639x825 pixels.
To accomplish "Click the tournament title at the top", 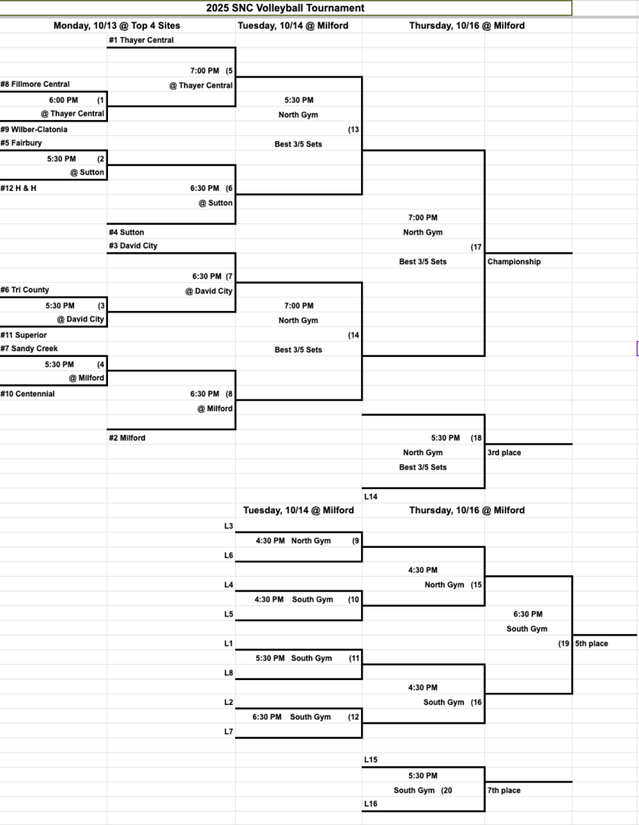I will tap(285, 8).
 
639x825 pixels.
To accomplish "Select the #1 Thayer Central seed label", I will tap(141, 40).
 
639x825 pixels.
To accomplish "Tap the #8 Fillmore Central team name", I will tap(35, 85).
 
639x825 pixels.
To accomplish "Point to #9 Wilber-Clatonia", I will tap(34, 130).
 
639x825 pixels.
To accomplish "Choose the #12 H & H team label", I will tap(18, 189).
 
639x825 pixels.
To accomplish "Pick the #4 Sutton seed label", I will tap(127, 233).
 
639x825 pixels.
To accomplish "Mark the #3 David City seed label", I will tap(133, 246).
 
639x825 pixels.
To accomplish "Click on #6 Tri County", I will tap(24, 290).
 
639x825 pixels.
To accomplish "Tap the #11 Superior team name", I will tap(23, 335).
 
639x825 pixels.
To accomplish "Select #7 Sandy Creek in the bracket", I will tap(29, 349).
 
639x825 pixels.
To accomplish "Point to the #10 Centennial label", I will tap(27, 394).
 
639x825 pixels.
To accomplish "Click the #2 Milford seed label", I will tap(127, 438).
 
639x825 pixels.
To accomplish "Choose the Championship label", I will tap(514, 262).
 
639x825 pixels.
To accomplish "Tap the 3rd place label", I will tap(504, 453).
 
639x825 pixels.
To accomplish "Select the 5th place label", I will tap(592, 644).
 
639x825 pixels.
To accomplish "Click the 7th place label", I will tap(504, 790).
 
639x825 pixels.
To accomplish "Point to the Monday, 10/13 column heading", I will tap(117, 26).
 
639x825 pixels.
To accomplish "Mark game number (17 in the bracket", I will tap(476, 247).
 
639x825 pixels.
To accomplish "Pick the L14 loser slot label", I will tap(371, 497).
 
